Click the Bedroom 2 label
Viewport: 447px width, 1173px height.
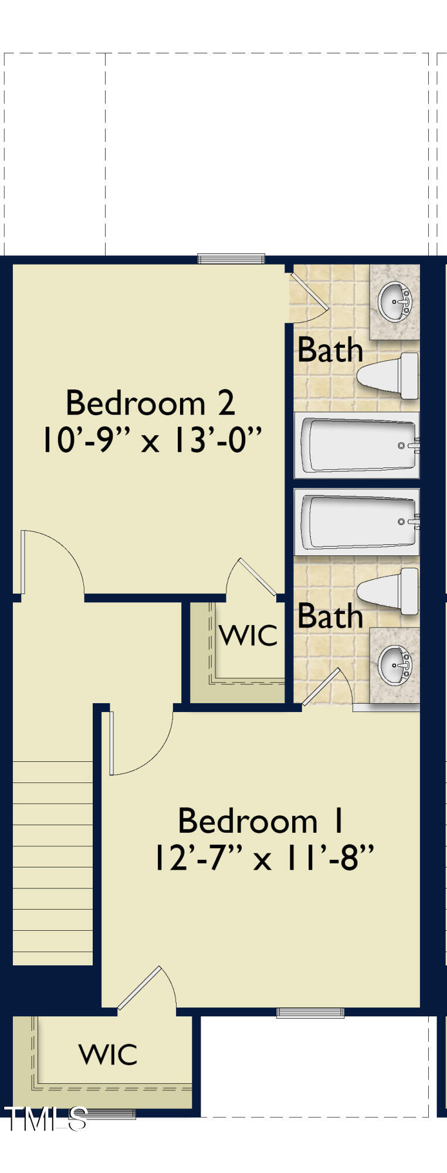150,404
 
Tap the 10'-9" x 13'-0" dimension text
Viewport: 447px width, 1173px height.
150,440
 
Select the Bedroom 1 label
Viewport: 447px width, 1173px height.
260,821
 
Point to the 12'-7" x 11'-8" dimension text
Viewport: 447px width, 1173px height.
263,858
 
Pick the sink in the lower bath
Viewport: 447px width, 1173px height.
395,665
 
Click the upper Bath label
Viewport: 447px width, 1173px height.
330,350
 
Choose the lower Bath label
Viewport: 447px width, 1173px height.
330,616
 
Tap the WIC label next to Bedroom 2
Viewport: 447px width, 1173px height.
248,635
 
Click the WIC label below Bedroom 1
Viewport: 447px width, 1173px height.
109,1054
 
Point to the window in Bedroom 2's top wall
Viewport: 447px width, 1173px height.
231,259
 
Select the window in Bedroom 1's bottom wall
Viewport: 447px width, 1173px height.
310,1012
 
